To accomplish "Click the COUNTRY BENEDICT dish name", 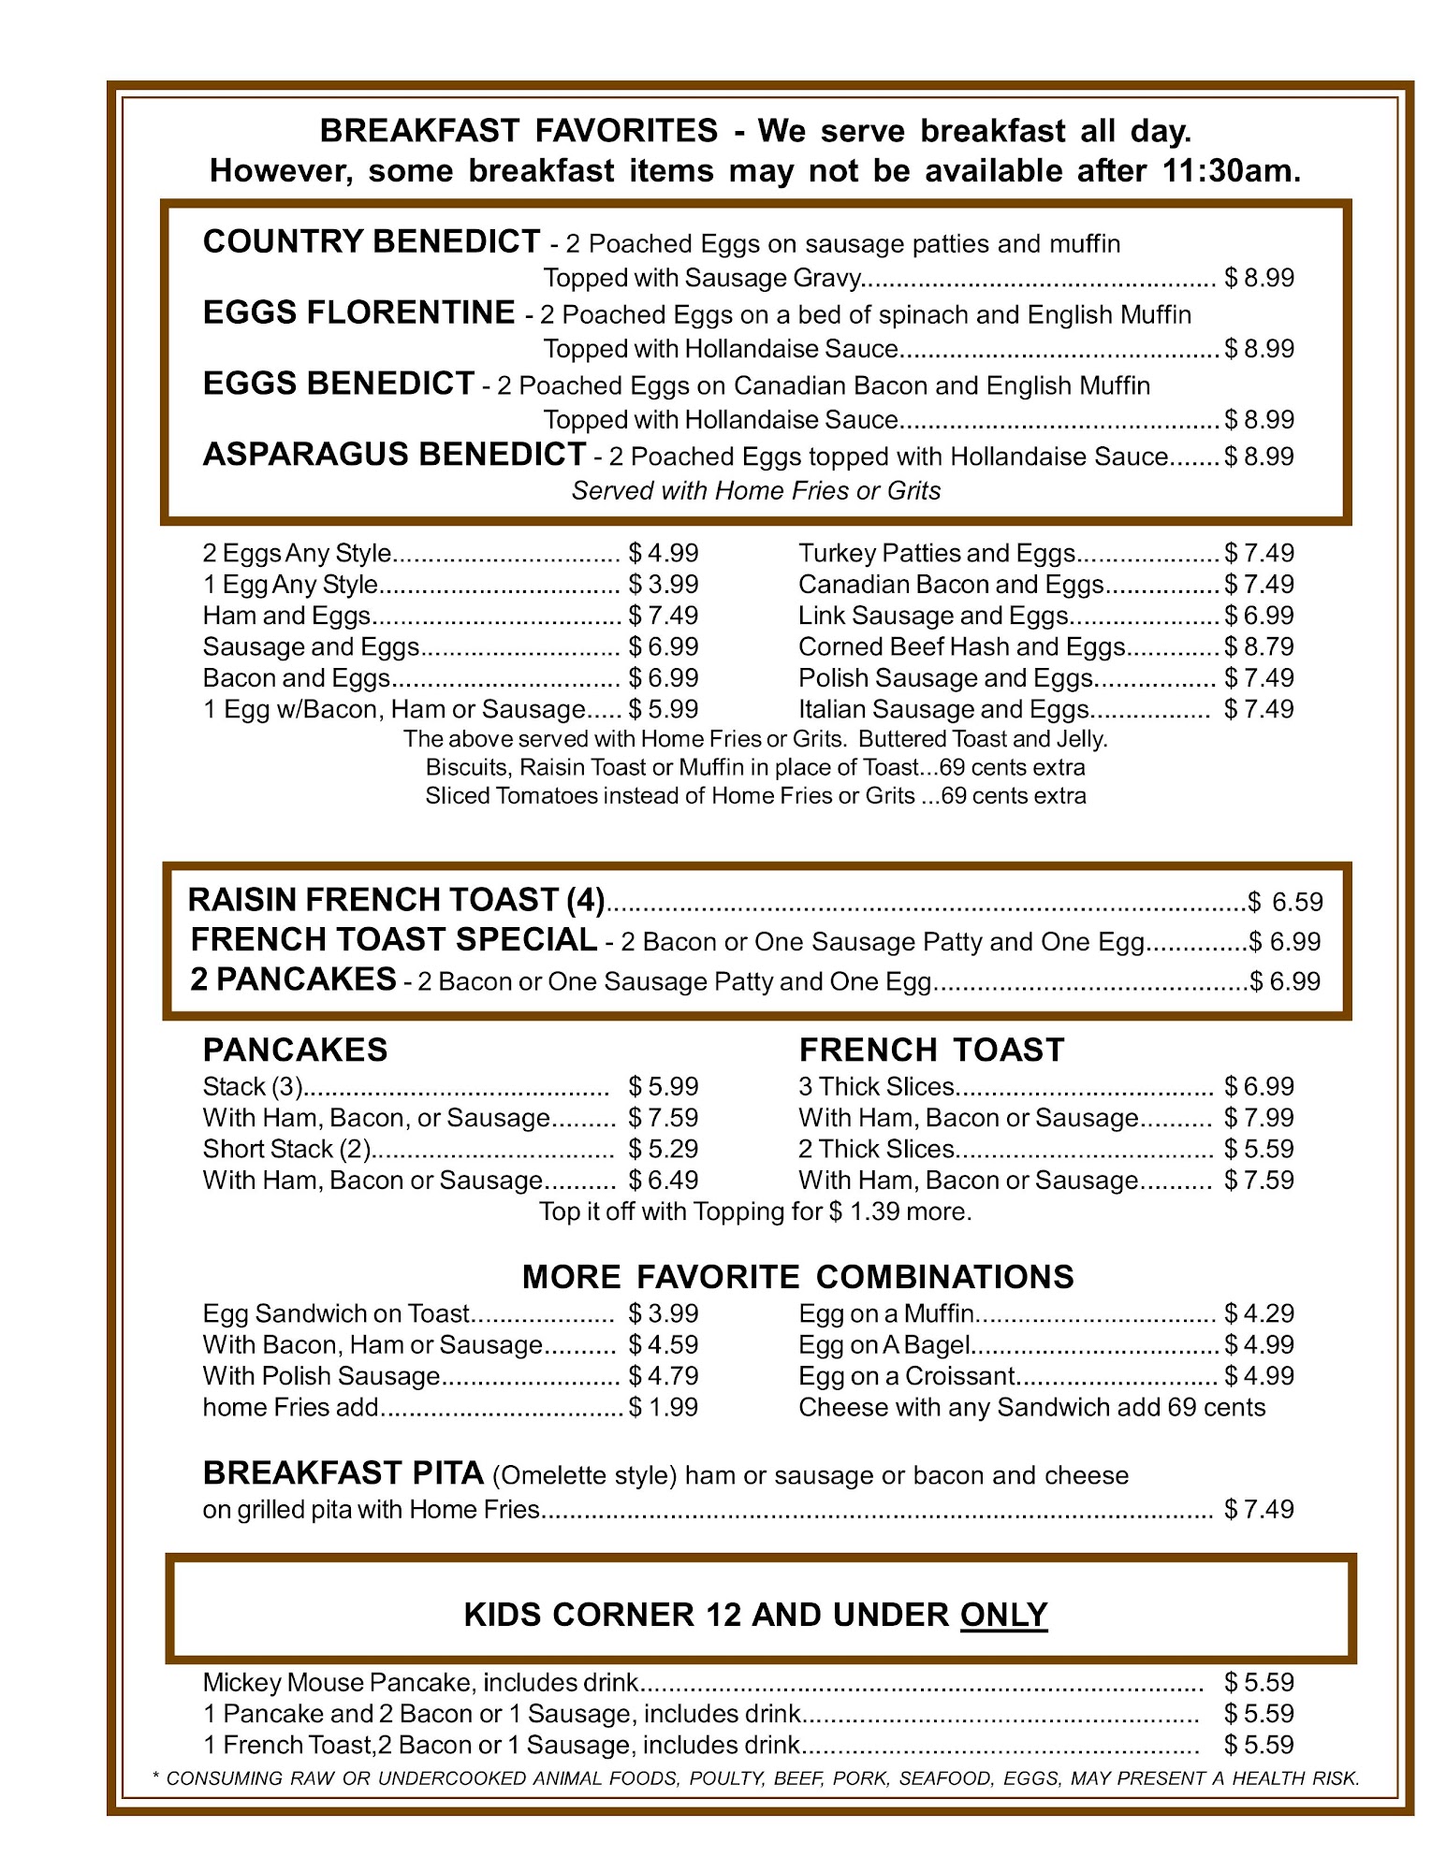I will (371, 242).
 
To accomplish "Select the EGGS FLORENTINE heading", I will (358, 313).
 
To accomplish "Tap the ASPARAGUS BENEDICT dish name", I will (394, 455).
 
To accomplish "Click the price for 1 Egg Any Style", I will (664, 585).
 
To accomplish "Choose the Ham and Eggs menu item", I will (287, 616).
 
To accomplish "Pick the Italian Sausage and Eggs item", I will (943, 710).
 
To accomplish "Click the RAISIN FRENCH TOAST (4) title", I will (396, 900).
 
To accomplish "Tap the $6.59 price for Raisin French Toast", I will (1286, 902).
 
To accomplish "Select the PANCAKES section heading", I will (295, 1051).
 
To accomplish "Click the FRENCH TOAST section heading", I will (931, 1051).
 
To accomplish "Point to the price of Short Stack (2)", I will (664, 1150).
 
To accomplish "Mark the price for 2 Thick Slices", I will (1259, 1150).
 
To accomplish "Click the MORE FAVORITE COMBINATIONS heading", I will (797, 1278).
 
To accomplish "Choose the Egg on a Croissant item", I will (906, 1377).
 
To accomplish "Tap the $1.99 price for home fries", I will (664, 1408).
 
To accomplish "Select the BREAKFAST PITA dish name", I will (343, 1474).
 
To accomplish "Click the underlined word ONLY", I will (1003, 1616).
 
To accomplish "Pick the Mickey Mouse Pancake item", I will (420, 1683).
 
